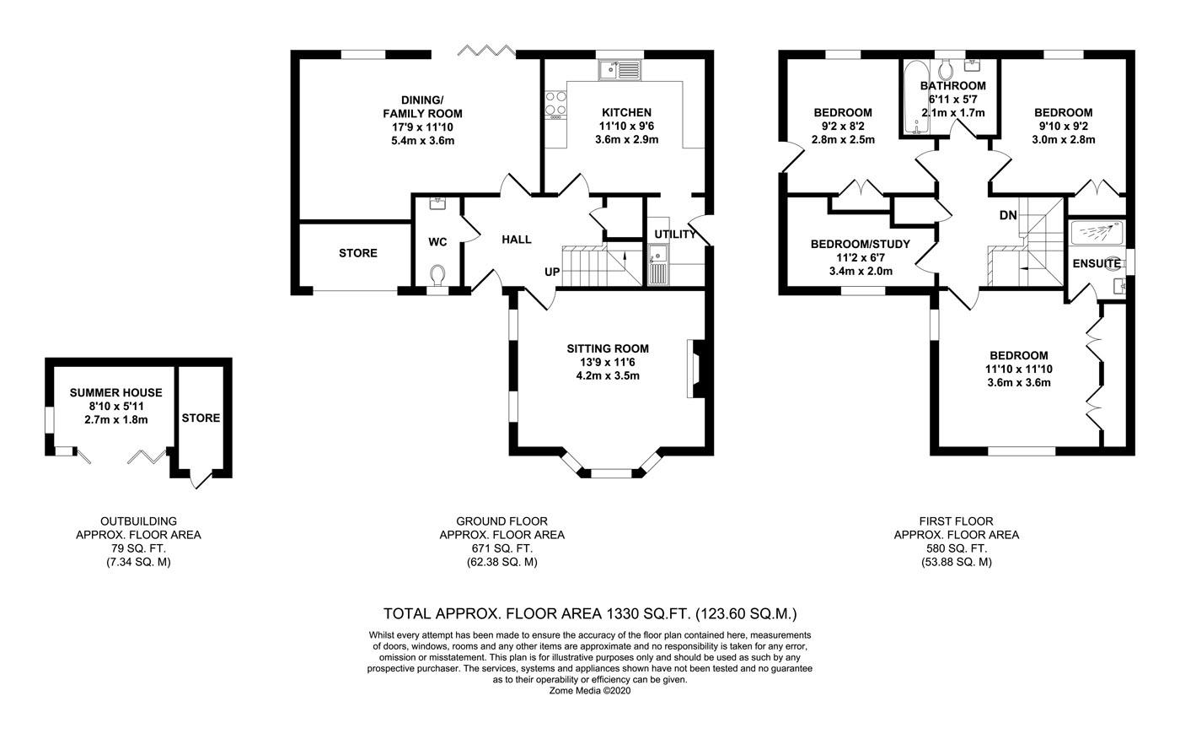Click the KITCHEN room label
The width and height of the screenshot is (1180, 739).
626,112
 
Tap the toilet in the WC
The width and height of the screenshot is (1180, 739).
437,275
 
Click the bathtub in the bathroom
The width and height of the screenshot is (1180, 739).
917,98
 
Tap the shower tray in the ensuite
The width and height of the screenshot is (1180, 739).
1097,233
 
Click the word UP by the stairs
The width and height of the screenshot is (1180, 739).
552,272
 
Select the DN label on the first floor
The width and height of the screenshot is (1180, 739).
1008,215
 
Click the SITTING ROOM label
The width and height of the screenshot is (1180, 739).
608,348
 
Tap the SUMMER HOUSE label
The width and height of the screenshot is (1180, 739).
116,392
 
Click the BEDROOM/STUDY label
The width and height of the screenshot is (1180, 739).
861,244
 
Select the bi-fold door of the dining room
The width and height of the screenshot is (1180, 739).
486,50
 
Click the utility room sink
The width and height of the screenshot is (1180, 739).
658,264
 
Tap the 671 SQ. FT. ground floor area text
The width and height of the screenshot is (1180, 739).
502,548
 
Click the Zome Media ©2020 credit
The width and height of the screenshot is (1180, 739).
589,691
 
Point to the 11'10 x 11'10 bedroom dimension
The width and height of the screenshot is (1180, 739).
1019,369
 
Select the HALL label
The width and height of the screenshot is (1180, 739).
516,240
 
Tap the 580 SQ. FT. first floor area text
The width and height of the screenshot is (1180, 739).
956,548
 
